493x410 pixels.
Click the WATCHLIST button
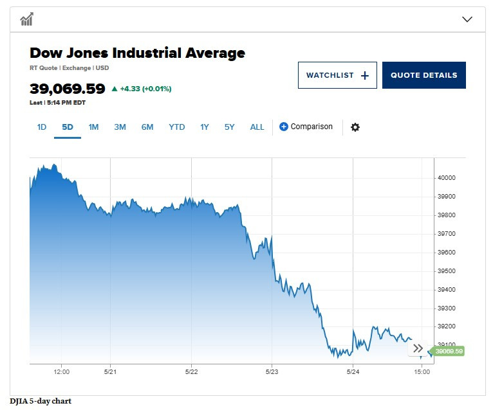click(x=337, y=75)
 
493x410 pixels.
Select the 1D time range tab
click(x=42, y=127)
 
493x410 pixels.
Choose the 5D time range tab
click(x=68, y=127)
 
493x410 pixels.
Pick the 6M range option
click(x=147, y=127)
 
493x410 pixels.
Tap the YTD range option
click(x=176, y=127)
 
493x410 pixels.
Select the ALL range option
click(x=257, y=127)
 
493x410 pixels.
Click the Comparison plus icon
click(x=284, y=127)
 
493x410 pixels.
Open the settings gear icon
click(x=355, y=127)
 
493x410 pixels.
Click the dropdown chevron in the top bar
click(x=468, y=19)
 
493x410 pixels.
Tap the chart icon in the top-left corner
click(x=26, y=19)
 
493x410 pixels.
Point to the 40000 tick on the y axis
click(x=446, y=178)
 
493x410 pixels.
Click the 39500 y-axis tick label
click(x=446, y=271)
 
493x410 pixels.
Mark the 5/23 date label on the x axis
click(x=272, y=371)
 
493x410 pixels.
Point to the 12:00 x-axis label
click(x=62, y=371)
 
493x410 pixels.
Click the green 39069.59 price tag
click(x=448, y=351)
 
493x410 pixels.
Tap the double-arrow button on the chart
click(x=418, y=348)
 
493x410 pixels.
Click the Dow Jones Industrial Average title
click(x=137, y=53)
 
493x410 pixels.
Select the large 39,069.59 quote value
click(x=68, y=89)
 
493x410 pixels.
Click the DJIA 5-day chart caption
click(x=41, y=402)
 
